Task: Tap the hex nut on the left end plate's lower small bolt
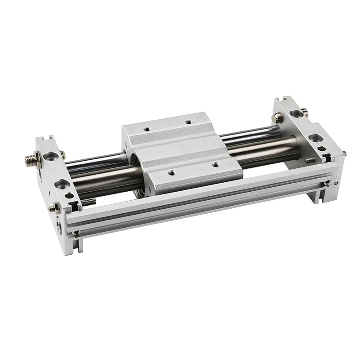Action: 55,207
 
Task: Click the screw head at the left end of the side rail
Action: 77,232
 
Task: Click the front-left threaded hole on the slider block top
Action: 171,172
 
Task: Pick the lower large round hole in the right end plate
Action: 314,139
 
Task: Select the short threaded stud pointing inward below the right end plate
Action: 310,159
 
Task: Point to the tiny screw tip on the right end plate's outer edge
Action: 344,153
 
